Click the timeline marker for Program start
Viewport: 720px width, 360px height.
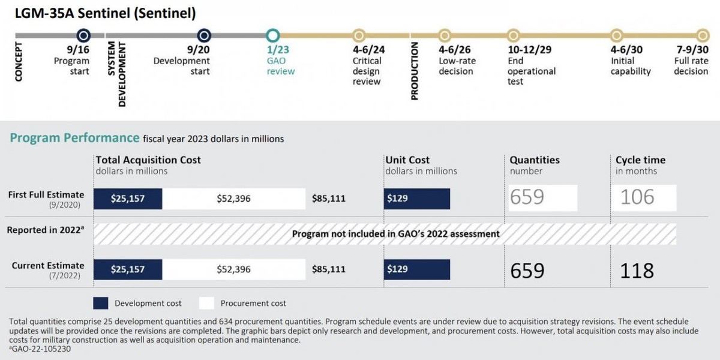[83, 35]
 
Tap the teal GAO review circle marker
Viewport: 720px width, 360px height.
[273, 35]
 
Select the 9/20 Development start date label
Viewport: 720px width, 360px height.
[198, 50]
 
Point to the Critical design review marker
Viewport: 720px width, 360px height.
[359, 35]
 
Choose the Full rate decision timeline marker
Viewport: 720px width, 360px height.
[703, 35]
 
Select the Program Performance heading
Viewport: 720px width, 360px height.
[74, 138]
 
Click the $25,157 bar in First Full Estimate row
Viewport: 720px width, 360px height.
[128, 198]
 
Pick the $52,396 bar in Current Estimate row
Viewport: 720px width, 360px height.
[234, 269]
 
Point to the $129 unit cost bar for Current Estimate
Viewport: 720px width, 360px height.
[416, 269]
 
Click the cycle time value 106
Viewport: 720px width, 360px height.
[637, 197]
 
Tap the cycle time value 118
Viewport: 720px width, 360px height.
[637, 270]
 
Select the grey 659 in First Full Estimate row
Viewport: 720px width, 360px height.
[528, 197]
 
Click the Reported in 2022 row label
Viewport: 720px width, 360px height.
[46, 230]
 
